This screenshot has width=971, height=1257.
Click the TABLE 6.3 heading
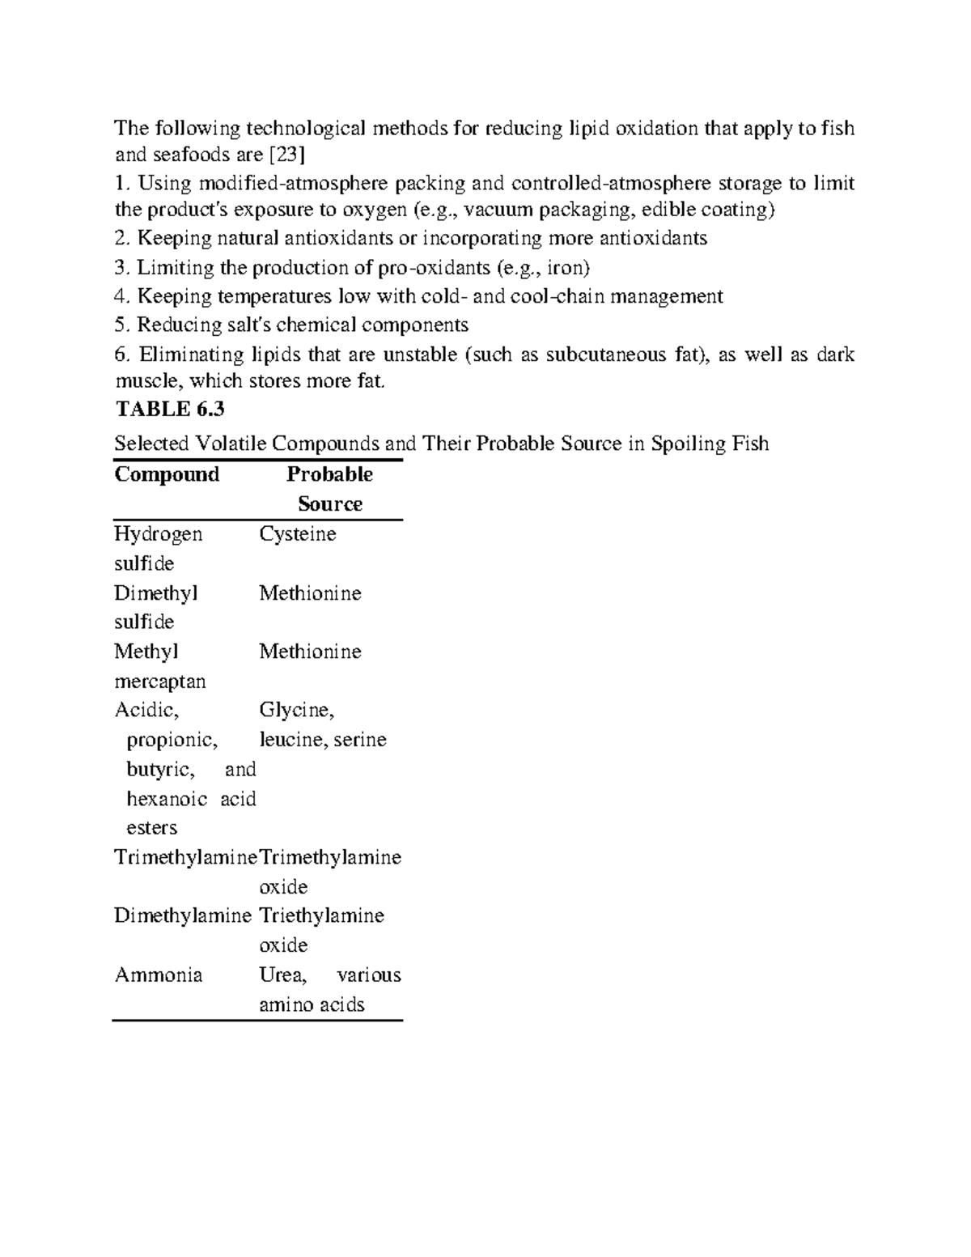[169, 410]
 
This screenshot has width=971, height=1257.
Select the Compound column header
[167, 474]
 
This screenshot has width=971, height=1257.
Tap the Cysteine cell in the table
[297, 534]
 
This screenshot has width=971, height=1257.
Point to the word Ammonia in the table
[158, 975]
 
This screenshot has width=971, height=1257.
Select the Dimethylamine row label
[182, 915]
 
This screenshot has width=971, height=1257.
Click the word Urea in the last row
[282, 975]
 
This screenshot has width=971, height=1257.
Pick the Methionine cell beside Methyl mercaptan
[310, 652]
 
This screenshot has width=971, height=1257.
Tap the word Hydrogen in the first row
[158, 534]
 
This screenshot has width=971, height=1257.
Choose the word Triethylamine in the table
[321, 915]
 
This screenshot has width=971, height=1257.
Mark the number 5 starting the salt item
[121, 325]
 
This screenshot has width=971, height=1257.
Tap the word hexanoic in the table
[167, 799]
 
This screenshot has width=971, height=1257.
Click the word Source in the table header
[329, 504]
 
